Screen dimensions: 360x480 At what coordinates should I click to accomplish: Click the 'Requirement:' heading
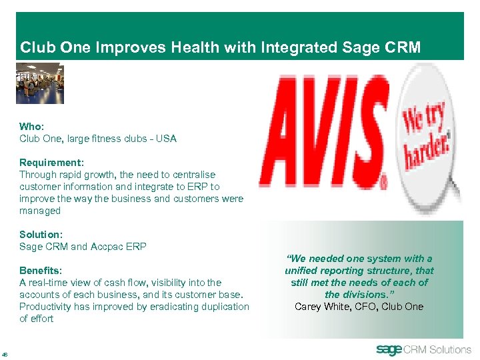click(x=50, y=163)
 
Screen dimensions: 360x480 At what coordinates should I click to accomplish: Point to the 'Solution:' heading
click(x=41, y=235)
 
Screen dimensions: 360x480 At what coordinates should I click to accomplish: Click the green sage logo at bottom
click(x=390, y=349)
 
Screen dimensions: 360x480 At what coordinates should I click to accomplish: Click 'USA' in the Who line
click(x=166, y=139)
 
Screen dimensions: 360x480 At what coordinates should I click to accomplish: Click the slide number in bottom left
click(x=5, y=354)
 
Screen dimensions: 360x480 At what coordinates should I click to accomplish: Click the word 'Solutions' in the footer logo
click(x=450, y=349)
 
